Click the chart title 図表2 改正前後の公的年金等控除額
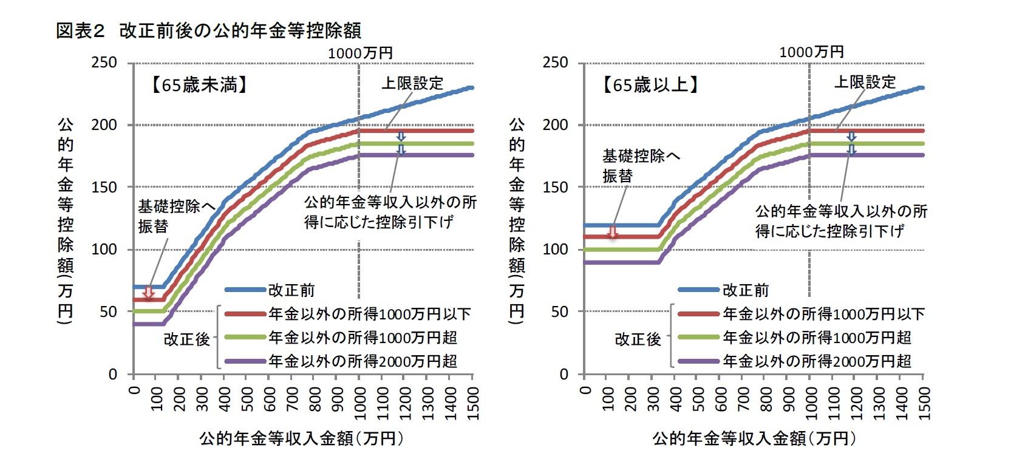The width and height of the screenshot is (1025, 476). coord(208,30)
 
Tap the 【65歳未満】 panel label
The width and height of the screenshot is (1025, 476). coord(200,85)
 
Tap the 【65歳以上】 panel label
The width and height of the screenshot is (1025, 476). coord(651,85)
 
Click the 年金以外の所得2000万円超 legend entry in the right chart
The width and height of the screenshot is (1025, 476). coord(817,361)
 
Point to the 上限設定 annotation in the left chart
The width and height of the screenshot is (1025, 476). coord(412,83)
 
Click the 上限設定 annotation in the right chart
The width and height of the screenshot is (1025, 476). coord(865,82)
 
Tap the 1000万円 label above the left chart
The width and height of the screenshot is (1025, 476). coord(360,53)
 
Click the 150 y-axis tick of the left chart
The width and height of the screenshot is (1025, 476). coord(104,187)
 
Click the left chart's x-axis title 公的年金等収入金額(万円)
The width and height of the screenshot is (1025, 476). coord(301,438)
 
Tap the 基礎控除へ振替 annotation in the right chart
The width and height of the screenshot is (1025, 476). coord(641,166)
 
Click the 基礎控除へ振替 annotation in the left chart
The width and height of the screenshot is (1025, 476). coord(176,216)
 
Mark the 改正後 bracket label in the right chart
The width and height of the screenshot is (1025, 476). coord(638,339)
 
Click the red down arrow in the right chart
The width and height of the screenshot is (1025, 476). coord(613,232)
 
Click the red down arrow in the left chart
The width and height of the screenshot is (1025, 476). coord(149,293)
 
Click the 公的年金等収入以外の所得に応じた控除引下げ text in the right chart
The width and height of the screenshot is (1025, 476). coord(841,221)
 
